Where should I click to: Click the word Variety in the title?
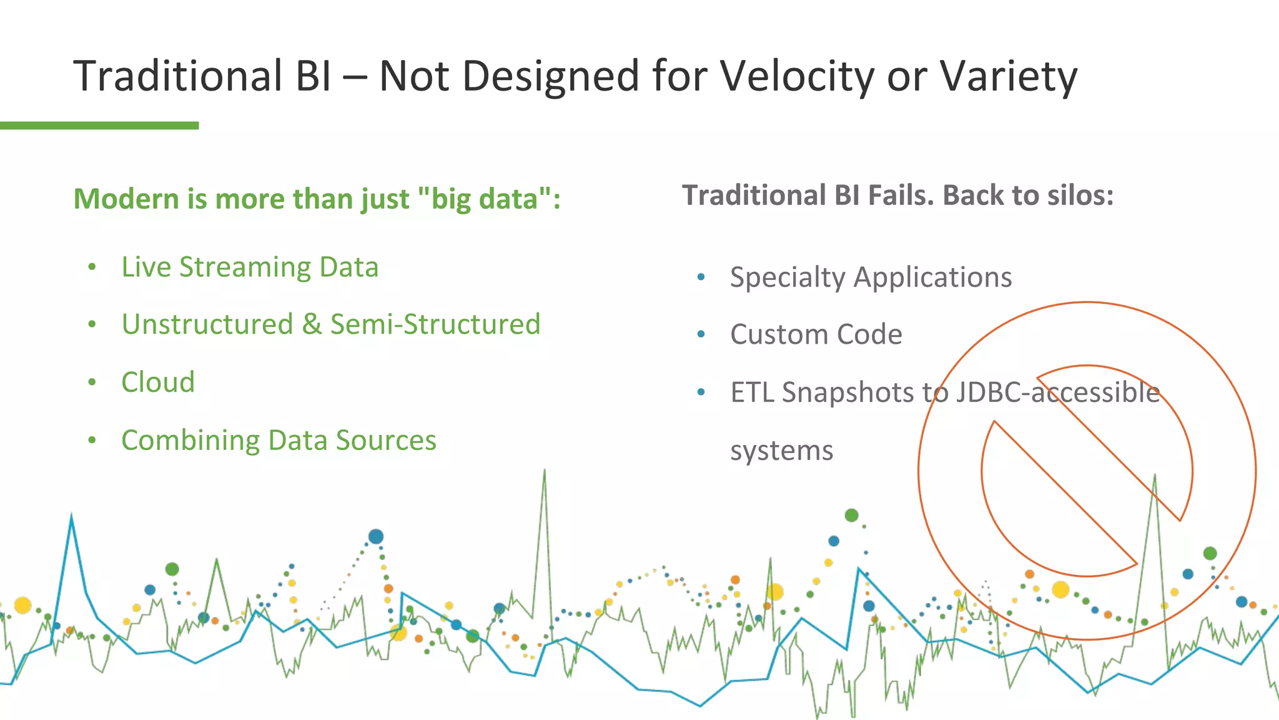coord(1008,76)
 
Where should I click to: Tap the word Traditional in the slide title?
coord(178,76)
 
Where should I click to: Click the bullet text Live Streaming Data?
coord(250,267)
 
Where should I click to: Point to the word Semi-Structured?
coord(435,324)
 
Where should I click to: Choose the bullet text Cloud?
coord(158,382)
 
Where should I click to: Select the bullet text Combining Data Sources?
coord(279,440)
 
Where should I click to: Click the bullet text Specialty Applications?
coord(871,277)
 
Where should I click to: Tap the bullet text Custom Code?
coord(816,334)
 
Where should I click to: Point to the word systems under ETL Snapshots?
coord(781,451)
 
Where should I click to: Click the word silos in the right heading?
coord(1082,195)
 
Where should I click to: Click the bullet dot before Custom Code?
coord(701,334)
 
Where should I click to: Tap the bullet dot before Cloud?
coord(92,382)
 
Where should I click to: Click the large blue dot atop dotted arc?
coord(375,536)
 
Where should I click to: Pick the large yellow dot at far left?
coord(22,605)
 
